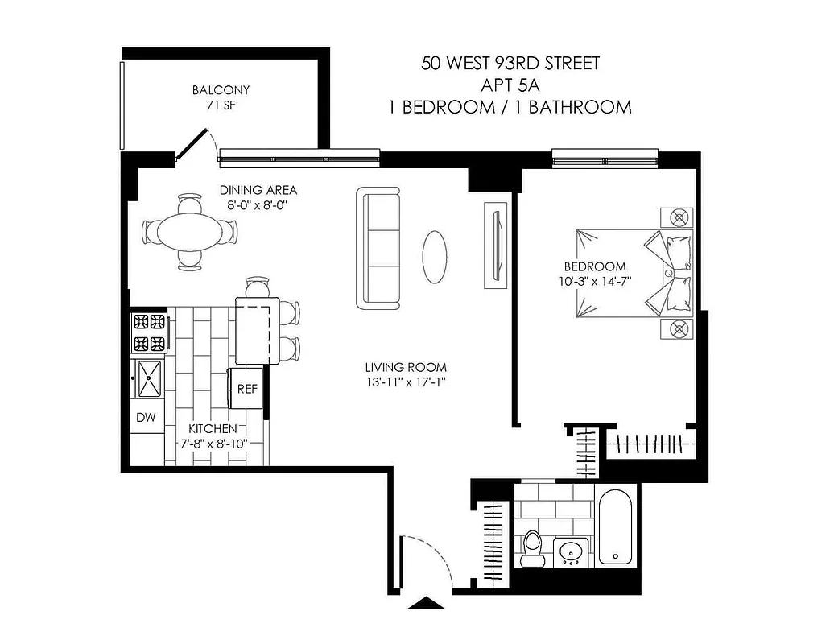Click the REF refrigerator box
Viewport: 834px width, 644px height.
[x=246, y=389]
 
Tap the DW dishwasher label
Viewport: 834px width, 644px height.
[x=146, y=417]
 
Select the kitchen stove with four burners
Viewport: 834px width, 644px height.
[x=150, y=333]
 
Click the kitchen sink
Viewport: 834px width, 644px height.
[x=150, y=378]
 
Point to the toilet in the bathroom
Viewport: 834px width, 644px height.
[x=532, y=548]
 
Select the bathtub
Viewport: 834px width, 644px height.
[x=616, y=528]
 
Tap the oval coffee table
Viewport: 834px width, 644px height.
[x=435, y=257]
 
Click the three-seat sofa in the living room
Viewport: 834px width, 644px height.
[x=378, y=248]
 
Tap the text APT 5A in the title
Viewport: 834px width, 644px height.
[x=510, y=85]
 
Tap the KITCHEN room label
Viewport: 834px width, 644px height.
[x=213, y=429]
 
